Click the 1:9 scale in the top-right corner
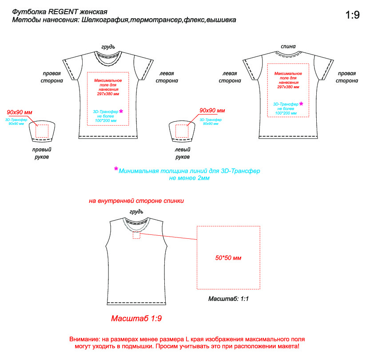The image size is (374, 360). (x=352, y=15)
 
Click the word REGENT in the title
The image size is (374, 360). (x=65, y=12)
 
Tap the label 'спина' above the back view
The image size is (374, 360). (x=288, y=46)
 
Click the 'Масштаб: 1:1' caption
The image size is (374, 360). (x=228, y=299)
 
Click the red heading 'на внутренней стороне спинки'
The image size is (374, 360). (x=136, y=201)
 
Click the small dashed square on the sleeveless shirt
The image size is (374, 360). (x=136, y=235)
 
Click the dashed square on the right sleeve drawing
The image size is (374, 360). (x=42, y=131)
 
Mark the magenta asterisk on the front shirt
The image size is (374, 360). (x=121, y=111)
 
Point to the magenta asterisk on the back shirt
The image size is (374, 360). (x=301, y=104)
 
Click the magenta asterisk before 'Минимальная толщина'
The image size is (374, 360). (x=116, y=169)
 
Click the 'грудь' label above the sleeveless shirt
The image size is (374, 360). (x=136, y=211)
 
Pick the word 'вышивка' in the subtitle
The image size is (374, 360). (x=221, y=20)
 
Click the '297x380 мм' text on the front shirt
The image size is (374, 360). (x=107, y=94)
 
